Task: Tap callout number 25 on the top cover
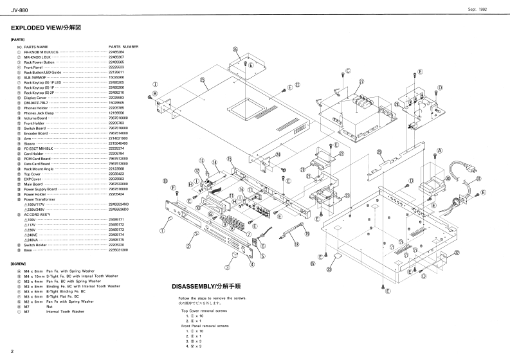202,80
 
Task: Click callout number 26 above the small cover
235,50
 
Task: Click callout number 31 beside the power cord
478,179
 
